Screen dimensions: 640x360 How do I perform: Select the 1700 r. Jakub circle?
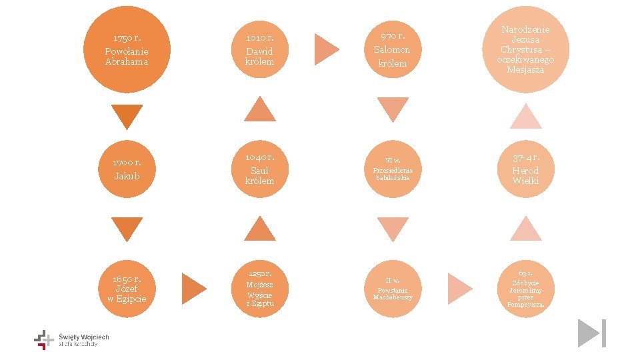[127, 169]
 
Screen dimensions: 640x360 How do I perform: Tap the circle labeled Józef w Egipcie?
[127, 289]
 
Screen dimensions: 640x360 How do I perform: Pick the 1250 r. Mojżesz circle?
[259, 289]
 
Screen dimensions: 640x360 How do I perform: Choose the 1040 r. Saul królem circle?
[259, 169]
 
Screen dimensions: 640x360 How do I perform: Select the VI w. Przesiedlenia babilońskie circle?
[393, 169]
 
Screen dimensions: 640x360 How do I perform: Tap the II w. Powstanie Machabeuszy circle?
[393, 289]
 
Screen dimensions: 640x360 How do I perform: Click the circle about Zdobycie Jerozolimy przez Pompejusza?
[526, 289]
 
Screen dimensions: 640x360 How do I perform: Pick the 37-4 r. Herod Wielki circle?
[526, 169]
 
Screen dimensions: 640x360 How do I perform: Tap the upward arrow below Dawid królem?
[259, 110]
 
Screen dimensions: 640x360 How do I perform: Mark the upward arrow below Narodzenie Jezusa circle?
[526, 117]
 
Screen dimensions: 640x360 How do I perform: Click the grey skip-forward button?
[591, 333]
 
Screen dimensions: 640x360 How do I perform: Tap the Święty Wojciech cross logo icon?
[44, 339]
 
